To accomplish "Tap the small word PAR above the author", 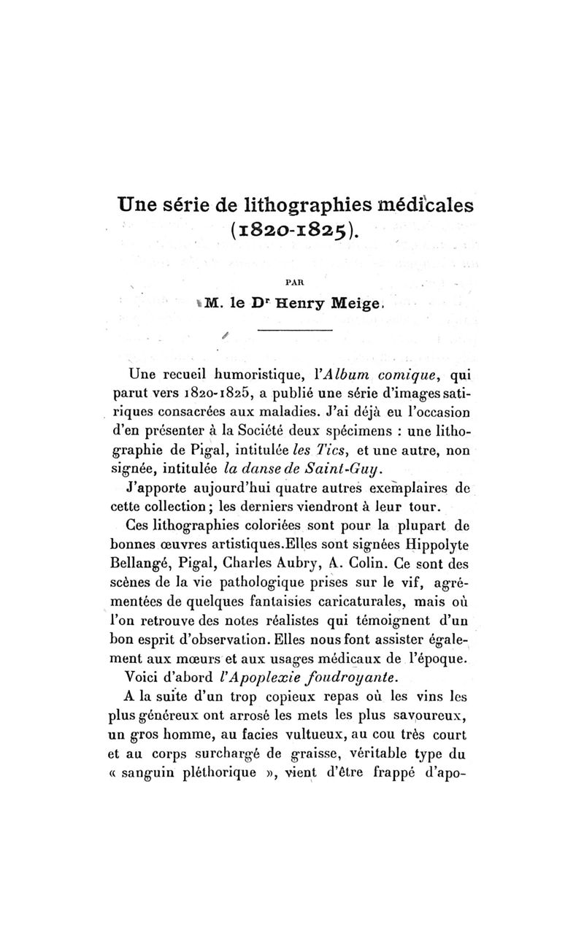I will click(x=292, y=278).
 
